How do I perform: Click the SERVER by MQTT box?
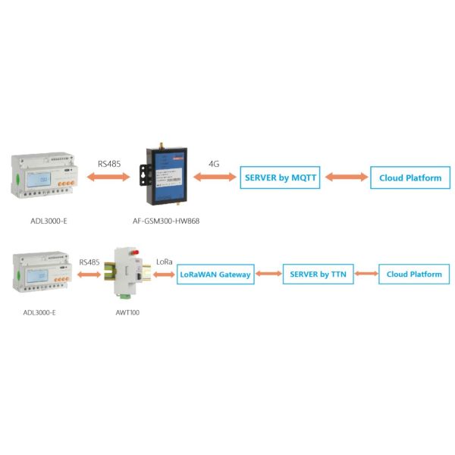pos(279,178)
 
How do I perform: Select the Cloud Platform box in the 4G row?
pos(409,178)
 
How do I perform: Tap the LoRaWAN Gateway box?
pos(215,275)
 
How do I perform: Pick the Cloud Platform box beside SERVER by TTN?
pos(414,275)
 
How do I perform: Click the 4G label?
pos(214,163)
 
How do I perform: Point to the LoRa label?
pos(164,262)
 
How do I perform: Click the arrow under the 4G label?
pos(214,178)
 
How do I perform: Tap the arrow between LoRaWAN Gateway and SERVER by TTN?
pos(268,275)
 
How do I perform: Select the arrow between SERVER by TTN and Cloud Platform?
pos(367,275)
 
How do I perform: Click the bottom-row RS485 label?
pos(89,262)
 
